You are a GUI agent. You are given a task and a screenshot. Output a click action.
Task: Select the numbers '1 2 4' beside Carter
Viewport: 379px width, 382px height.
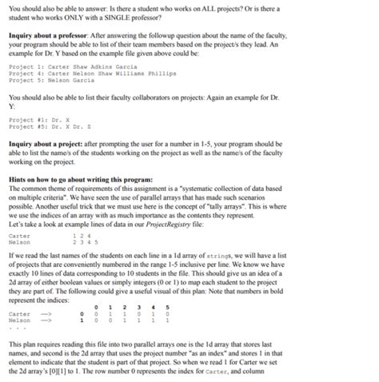(80, 236)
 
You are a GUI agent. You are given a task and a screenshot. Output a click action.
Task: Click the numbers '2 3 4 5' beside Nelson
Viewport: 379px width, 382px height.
(83, 242)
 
